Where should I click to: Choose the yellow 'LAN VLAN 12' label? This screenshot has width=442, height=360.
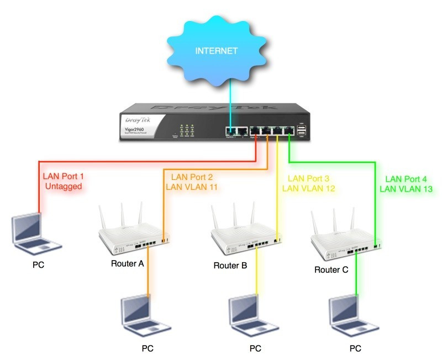click(309, 188)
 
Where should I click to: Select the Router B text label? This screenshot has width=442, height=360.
click(230, 266)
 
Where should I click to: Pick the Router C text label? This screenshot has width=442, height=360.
click(331, 270)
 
